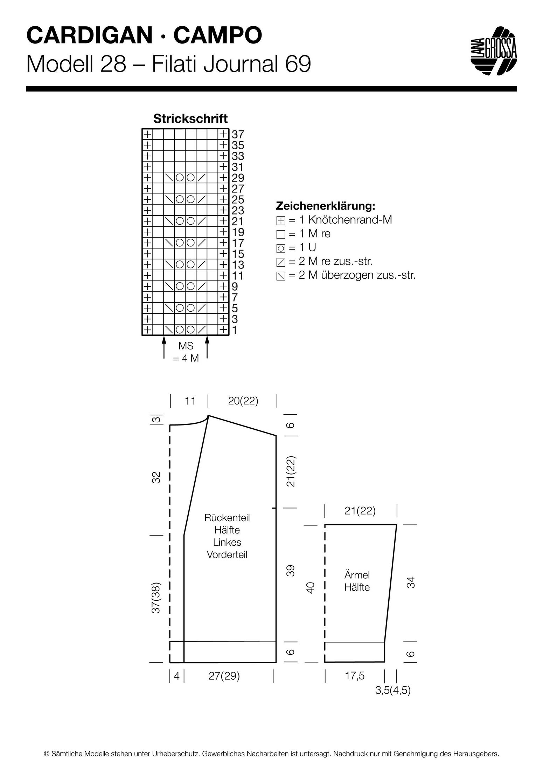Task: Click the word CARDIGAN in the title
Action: coord(89,35)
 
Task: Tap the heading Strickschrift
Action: coord(190,119)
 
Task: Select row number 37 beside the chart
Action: coord(238,134)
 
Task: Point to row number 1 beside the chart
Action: coord(235,330)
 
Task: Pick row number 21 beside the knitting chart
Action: coord(238,221)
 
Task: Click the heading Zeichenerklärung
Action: coord(326,206)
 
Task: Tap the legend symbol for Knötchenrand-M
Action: coord(281,221)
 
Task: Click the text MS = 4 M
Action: coord(186,352)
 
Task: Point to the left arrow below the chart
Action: coord(164,348)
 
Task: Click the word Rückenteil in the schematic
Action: coord(227,518)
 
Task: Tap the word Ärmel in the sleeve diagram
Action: coord(357,575)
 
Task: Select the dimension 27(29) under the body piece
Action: coord(224,676)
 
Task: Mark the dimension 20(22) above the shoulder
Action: coord(243,401)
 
